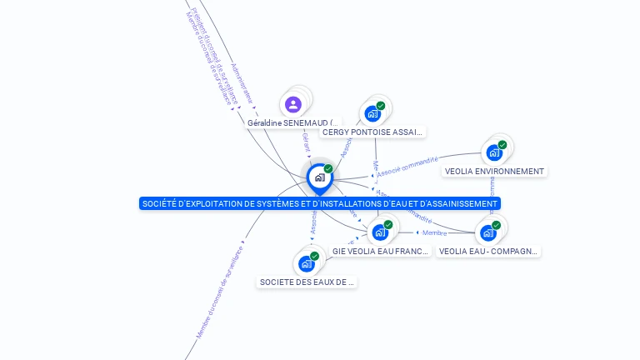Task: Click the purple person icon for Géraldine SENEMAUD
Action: (292, 104)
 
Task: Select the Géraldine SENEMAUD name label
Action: (292, 122)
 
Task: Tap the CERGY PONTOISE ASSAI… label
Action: (372, 132)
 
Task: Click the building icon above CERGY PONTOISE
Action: (372, 113)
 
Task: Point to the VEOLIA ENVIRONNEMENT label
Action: (494, 171)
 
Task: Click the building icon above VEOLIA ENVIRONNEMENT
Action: (494, 152)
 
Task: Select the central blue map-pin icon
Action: (319, 177)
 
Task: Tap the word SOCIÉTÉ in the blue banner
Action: (159, 203)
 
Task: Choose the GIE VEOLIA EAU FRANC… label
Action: (380, 251)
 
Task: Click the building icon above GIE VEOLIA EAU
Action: (380, 232)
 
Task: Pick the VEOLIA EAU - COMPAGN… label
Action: (488, 251)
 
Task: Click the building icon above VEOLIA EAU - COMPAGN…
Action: (488, 232)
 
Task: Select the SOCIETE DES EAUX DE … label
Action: (307, 282)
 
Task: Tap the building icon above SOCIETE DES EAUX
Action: (307, 263)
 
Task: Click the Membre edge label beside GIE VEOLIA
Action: (434, 232)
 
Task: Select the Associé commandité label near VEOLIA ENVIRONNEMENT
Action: (407, 167)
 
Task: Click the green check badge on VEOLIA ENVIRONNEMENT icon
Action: (502, 145)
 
